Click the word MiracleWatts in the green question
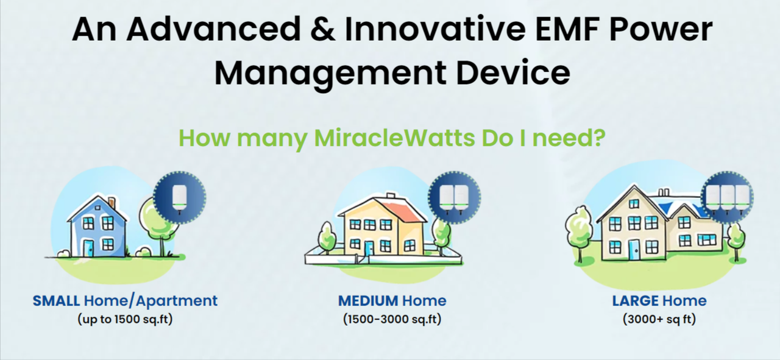coord(394,138)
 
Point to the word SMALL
coord(56,301)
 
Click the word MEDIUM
coord(368,301)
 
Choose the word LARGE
coord(635,301)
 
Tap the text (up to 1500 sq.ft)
coord(125,319)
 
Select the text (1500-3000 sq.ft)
coord(392,319)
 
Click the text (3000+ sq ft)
coord(659,319)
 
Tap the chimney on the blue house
coord(112,203)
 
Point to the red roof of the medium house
coord(406,211)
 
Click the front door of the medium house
coord(369,249)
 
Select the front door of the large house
coord(634,249)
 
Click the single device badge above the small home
coord(180,197)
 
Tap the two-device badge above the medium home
coord(454,197)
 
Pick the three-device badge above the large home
coord(727,197)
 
